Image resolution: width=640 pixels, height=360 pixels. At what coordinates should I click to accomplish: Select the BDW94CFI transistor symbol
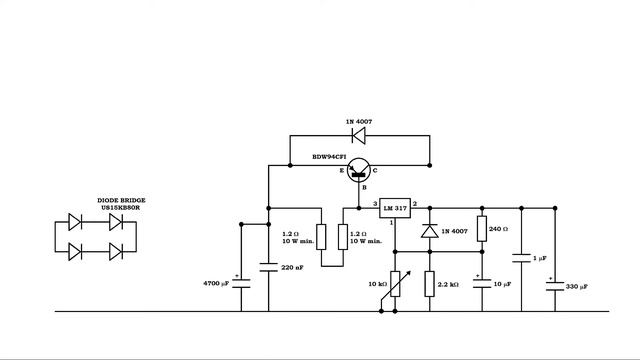[x=363, y=171]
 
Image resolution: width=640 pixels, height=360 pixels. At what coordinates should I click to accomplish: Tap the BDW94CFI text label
[x=331, y=156]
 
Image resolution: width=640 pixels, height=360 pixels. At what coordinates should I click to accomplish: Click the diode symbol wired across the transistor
[x=357, y=135]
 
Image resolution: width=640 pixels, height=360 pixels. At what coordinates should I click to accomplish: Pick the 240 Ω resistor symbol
[x=481, y=229]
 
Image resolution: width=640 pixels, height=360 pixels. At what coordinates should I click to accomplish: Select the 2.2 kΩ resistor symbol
[x=429, y=284]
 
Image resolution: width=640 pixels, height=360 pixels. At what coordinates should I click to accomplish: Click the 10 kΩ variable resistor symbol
[x=393, y=284]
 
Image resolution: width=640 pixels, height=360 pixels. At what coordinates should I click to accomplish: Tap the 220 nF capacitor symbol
[x=268, y=267]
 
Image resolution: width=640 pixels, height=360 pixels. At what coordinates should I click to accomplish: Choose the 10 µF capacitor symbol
[x=481, y=282]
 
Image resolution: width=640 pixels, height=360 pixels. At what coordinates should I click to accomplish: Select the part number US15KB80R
[x=120, y=207]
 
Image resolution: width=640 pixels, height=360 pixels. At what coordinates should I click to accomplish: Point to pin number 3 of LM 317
[x=374, y=203]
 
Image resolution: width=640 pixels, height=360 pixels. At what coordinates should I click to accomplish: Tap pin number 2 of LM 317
[x=414, y=203]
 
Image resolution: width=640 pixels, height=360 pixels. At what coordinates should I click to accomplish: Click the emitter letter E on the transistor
[x=341, y=171]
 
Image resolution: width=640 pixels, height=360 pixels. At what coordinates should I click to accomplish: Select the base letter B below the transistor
[x=364, y=187]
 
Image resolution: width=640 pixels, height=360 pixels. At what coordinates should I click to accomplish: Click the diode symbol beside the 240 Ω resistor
[x=429, y=232]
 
